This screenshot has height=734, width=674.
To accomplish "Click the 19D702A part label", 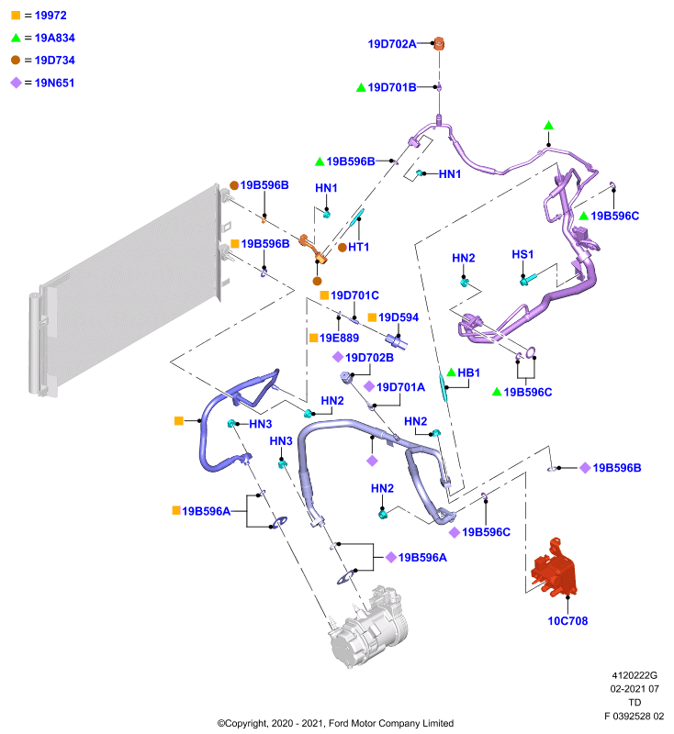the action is point(392,44).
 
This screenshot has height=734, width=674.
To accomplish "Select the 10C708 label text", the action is point(567,621).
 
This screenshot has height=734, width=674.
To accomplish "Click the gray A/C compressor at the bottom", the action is point(368,626).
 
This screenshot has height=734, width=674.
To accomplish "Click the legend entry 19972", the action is point(51,16).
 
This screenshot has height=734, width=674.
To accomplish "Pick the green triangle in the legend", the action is point(16,38).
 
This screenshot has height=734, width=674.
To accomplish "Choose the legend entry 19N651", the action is point(54,83).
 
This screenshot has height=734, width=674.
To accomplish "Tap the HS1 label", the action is point(522,254).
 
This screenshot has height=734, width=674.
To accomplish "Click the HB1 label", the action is point(469,373).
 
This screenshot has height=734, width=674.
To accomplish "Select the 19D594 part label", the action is point(399,317).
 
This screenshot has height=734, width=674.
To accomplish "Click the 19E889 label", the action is point(339,338).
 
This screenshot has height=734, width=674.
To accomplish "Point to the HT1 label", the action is point(358,247).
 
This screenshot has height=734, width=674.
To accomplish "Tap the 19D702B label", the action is point(369,358).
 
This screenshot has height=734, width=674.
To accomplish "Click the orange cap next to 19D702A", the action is point(439,43).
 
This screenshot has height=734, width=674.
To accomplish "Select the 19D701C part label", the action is point(354,295).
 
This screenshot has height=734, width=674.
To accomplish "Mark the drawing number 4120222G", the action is point(635,675).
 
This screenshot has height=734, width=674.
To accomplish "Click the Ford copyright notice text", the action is point(335,723).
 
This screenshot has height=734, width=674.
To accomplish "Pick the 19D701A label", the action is point(401,387).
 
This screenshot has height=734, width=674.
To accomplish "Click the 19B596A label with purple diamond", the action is point(422,558).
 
